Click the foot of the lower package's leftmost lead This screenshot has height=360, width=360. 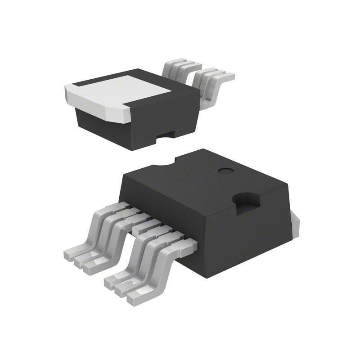pyautogui.click(x=72, y=253)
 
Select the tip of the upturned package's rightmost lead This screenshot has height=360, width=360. pyautogui.click(x=229, y=76)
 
